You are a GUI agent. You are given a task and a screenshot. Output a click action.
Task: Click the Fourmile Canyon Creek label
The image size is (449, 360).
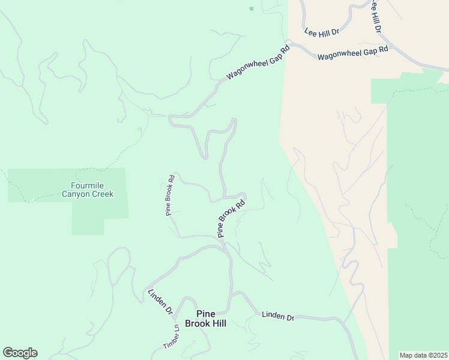coord(88,190)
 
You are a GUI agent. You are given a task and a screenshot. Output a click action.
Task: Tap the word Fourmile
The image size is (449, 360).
coord(88,185)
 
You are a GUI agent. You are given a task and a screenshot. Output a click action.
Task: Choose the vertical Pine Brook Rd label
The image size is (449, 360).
coord(170,195)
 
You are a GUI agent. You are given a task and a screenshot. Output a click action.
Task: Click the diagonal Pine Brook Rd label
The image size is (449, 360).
coord(232,219)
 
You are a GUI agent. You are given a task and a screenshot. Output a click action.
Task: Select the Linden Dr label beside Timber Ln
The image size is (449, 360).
coord(160,302)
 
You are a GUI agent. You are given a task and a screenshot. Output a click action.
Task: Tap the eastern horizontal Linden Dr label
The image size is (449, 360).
coord(278,316)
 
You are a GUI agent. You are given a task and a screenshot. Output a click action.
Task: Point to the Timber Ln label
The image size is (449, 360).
coord(171,338)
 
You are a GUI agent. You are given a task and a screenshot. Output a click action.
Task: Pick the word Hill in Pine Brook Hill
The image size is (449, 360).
coord(217,323)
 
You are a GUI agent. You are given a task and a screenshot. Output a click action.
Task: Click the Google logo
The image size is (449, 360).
coord(20,353)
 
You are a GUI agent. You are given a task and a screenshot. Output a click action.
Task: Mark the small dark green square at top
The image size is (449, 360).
coord(251,8)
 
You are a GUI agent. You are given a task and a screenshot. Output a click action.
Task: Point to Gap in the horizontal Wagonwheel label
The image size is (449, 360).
coord(362,53)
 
